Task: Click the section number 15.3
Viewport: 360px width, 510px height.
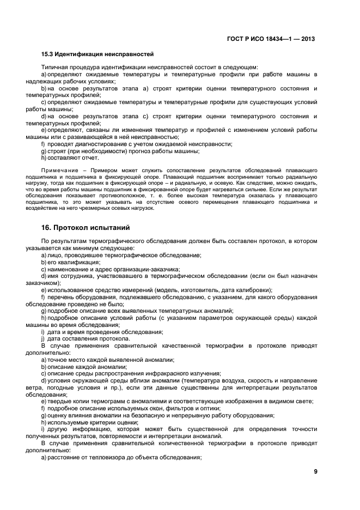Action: point(47,54)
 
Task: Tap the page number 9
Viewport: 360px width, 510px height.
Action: point(315,472)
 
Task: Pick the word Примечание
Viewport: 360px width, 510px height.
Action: point(57,171)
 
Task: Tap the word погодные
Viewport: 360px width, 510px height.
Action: point(75,387)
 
